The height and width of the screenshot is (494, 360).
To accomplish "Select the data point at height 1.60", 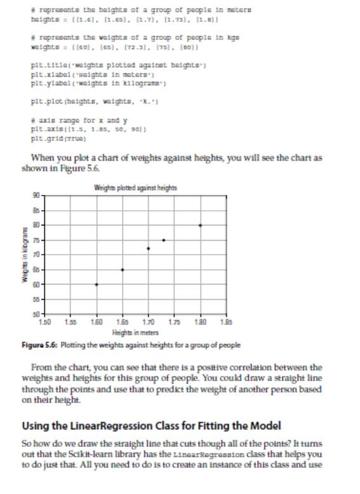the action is tap(97, 284).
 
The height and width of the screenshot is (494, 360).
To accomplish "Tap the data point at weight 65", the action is tap(123, 270).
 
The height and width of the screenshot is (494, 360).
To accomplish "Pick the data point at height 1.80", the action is tap(201, 225).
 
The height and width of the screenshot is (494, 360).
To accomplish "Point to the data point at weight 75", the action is tap(164, 240).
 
